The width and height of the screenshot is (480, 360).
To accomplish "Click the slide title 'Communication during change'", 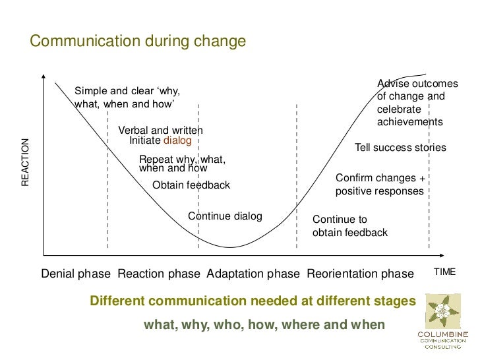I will pos(138,42).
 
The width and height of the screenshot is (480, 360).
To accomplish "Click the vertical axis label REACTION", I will pos(26,162).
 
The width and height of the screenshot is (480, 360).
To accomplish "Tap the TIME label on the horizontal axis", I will pos(444,272).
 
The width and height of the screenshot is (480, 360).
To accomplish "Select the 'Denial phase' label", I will pos(76,274).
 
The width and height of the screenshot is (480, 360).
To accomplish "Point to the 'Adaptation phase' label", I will pos(253,274).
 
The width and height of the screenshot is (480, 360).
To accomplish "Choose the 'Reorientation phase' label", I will pos(360,274).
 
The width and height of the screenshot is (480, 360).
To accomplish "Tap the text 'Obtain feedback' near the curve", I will pos(191,185).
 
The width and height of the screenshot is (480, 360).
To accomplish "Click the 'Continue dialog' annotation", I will pos(225,216).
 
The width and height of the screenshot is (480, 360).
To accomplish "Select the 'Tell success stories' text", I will pos(400,148).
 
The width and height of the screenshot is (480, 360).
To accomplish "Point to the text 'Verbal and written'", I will pos(160,131).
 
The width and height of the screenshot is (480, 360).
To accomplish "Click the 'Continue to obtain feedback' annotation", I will pos(349,226).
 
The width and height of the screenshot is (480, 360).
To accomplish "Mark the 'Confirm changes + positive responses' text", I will pos(380,185).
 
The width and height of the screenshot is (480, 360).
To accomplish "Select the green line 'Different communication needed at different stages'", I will pos(253,301).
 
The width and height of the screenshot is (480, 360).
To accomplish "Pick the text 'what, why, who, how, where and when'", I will pos(264,326).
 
